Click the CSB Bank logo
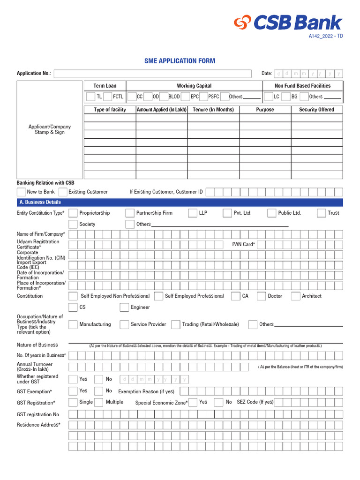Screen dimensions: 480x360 click(288, 22)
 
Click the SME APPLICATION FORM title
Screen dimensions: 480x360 click(180, 61)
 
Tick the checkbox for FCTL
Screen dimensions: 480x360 click(107, 97)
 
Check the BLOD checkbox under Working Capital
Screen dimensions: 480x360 click(163, 97)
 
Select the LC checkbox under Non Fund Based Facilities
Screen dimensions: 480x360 click(269, 97)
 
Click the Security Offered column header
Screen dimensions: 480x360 click(316, 110)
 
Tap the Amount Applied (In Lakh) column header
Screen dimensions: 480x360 click(162, 110)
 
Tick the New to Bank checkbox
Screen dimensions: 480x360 click(21, 192)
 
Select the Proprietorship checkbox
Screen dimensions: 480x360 click(73, 213)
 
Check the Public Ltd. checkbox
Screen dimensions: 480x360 click(271, 213)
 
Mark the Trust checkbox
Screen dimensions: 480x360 click(321, 213)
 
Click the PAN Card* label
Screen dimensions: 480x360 click(244, 244)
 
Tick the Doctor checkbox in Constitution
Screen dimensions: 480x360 click(262, 296)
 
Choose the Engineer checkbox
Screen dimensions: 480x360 click(124, 307)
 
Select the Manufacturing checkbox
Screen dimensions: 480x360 click(73, 324)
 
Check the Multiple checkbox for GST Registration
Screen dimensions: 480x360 click(98, 402)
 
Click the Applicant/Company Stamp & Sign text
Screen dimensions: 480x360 click(50, 129)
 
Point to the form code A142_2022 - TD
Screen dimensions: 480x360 click(325, 36)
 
